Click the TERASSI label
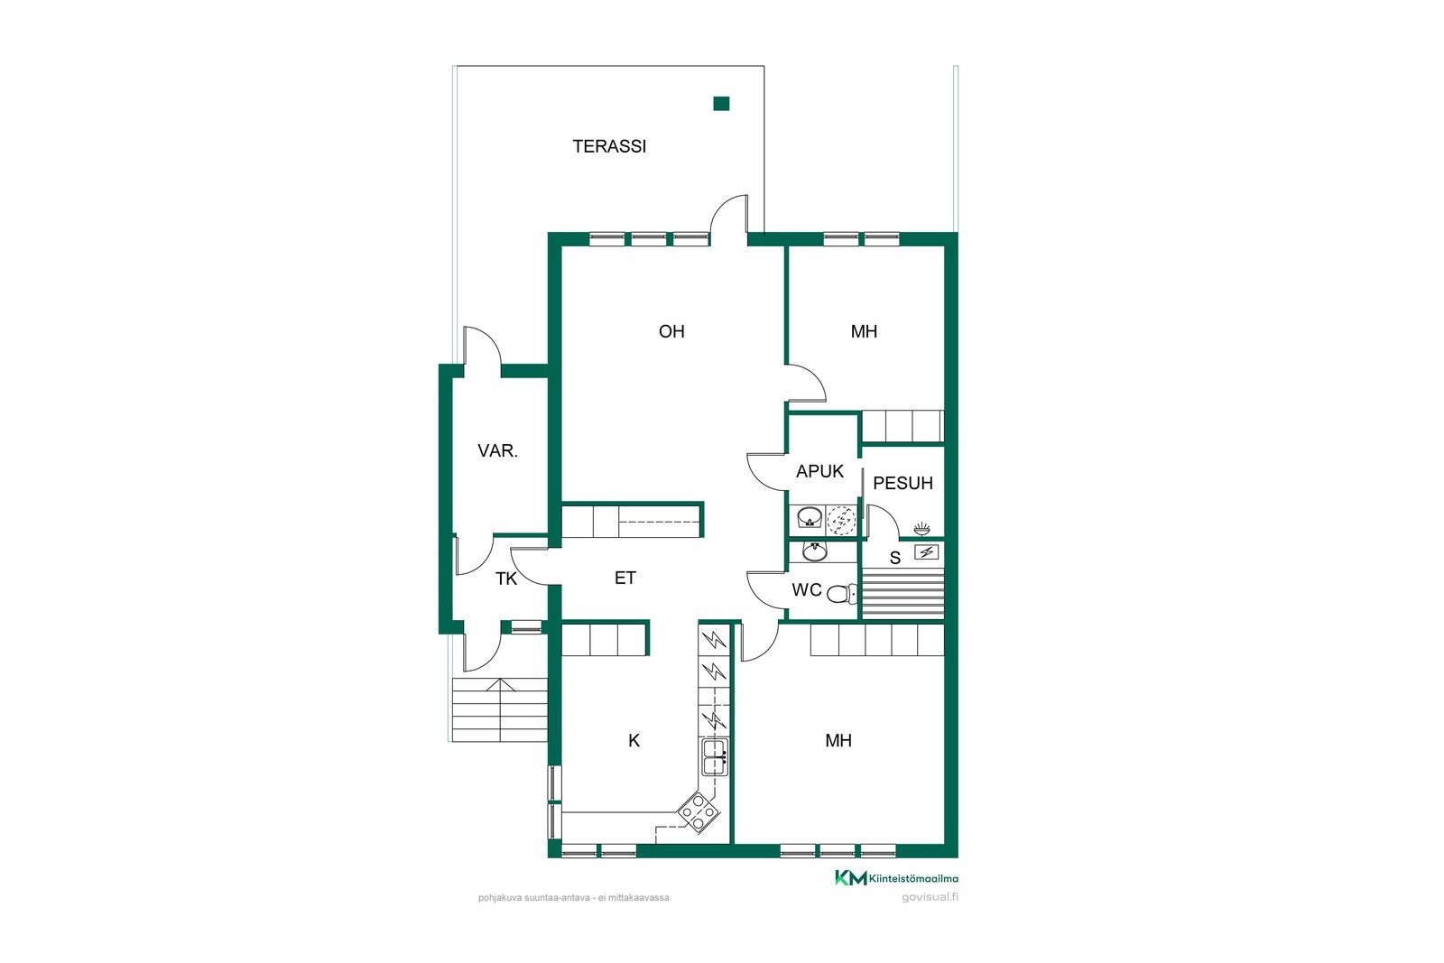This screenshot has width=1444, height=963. coord(609,147)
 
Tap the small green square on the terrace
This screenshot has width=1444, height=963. coord(721,104)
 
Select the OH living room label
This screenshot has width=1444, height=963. coord(671,331)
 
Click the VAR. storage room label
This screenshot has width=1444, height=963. coord(497,451)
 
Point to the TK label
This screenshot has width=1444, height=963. coord(506,579)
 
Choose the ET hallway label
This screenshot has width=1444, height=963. coord(625,579)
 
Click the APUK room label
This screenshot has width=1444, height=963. coord(819,472)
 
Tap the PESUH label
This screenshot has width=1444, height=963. coord(902,484)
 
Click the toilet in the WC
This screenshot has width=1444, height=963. coord(842,594)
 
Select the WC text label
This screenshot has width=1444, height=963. coord(807,589)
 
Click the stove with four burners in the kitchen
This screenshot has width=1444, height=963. coord(698,814)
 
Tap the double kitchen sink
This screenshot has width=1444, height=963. coord(714,756)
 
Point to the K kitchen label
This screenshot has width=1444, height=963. coord(634,741)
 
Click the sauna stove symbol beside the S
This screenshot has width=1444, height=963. coord(926,552)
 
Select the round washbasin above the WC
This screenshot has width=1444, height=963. coord(815,551)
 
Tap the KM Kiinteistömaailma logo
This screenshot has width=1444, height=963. coord(896,878)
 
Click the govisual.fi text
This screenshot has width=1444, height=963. coord(930,897)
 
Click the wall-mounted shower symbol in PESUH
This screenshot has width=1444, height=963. coord(921,529)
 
